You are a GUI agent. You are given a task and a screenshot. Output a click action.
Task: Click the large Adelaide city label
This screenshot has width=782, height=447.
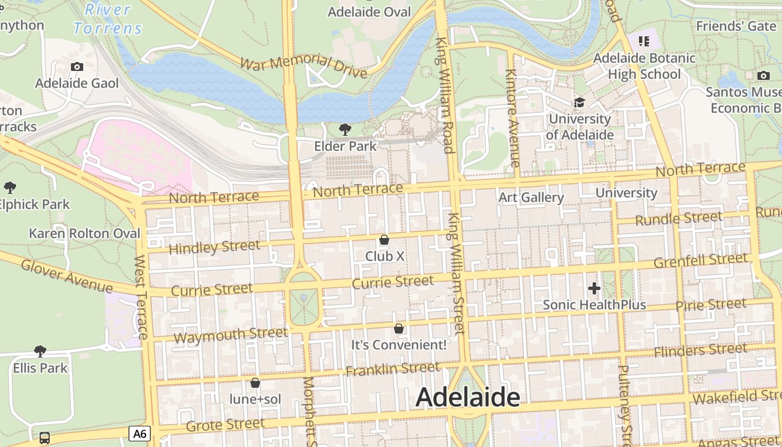[468, 397]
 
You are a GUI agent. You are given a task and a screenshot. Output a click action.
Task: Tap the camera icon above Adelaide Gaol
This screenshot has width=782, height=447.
[77, 67]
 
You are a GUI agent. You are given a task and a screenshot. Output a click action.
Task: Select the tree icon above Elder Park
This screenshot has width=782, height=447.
[345, 130]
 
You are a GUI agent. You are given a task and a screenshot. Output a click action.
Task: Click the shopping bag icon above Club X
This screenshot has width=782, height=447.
[384, 240]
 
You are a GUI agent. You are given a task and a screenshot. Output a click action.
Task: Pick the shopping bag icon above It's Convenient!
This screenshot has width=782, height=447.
[399, 329]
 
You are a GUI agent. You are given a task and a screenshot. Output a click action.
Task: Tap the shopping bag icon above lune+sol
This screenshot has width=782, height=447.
[255, 383]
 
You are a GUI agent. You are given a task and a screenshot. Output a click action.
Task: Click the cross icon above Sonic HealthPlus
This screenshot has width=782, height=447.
[594, 288]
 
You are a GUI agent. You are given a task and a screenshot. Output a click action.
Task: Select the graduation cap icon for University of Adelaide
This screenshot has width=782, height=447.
[580, 103]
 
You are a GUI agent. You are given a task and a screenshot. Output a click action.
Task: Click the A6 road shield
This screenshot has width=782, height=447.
[140, 433]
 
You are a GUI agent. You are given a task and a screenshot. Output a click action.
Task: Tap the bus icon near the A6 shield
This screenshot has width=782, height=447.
[45, 438]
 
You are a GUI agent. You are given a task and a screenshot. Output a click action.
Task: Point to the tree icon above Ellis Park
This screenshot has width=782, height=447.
[40, 351]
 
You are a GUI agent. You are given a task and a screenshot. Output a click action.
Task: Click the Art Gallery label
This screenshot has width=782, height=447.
[531, 197]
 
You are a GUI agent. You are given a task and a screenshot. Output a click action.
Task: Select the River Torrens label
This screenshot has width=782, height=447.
[108, 18]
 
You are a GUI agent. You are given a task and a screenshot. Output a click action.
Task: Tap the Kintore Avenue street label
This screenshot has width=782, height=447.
[512, 118]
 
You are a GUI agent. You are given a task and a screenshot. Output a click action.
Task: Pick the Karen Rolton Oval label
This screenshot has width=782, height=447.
[85, 233]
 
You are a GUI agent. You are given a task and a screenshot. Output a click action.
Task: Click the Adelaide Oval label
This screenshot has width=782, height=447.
[369, 12]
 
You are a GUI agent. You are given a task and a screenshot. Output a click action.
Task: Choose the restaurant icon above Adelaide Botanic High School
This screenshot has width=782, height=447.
[644, 41]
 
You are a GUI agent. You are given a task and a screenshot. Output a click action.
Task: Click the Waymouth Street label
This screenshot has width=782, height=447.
[231, 335]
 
